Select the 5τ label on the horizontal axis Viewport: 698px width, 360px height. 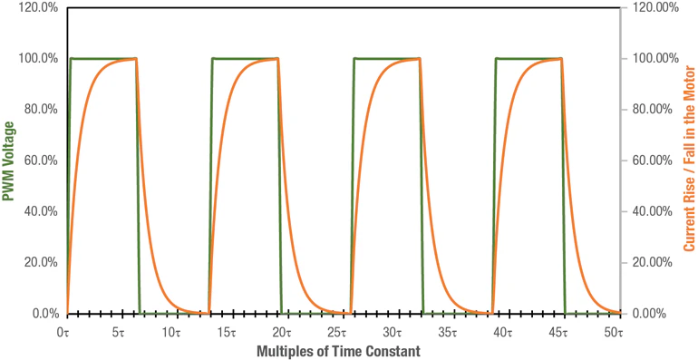(x=119, y=333)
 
